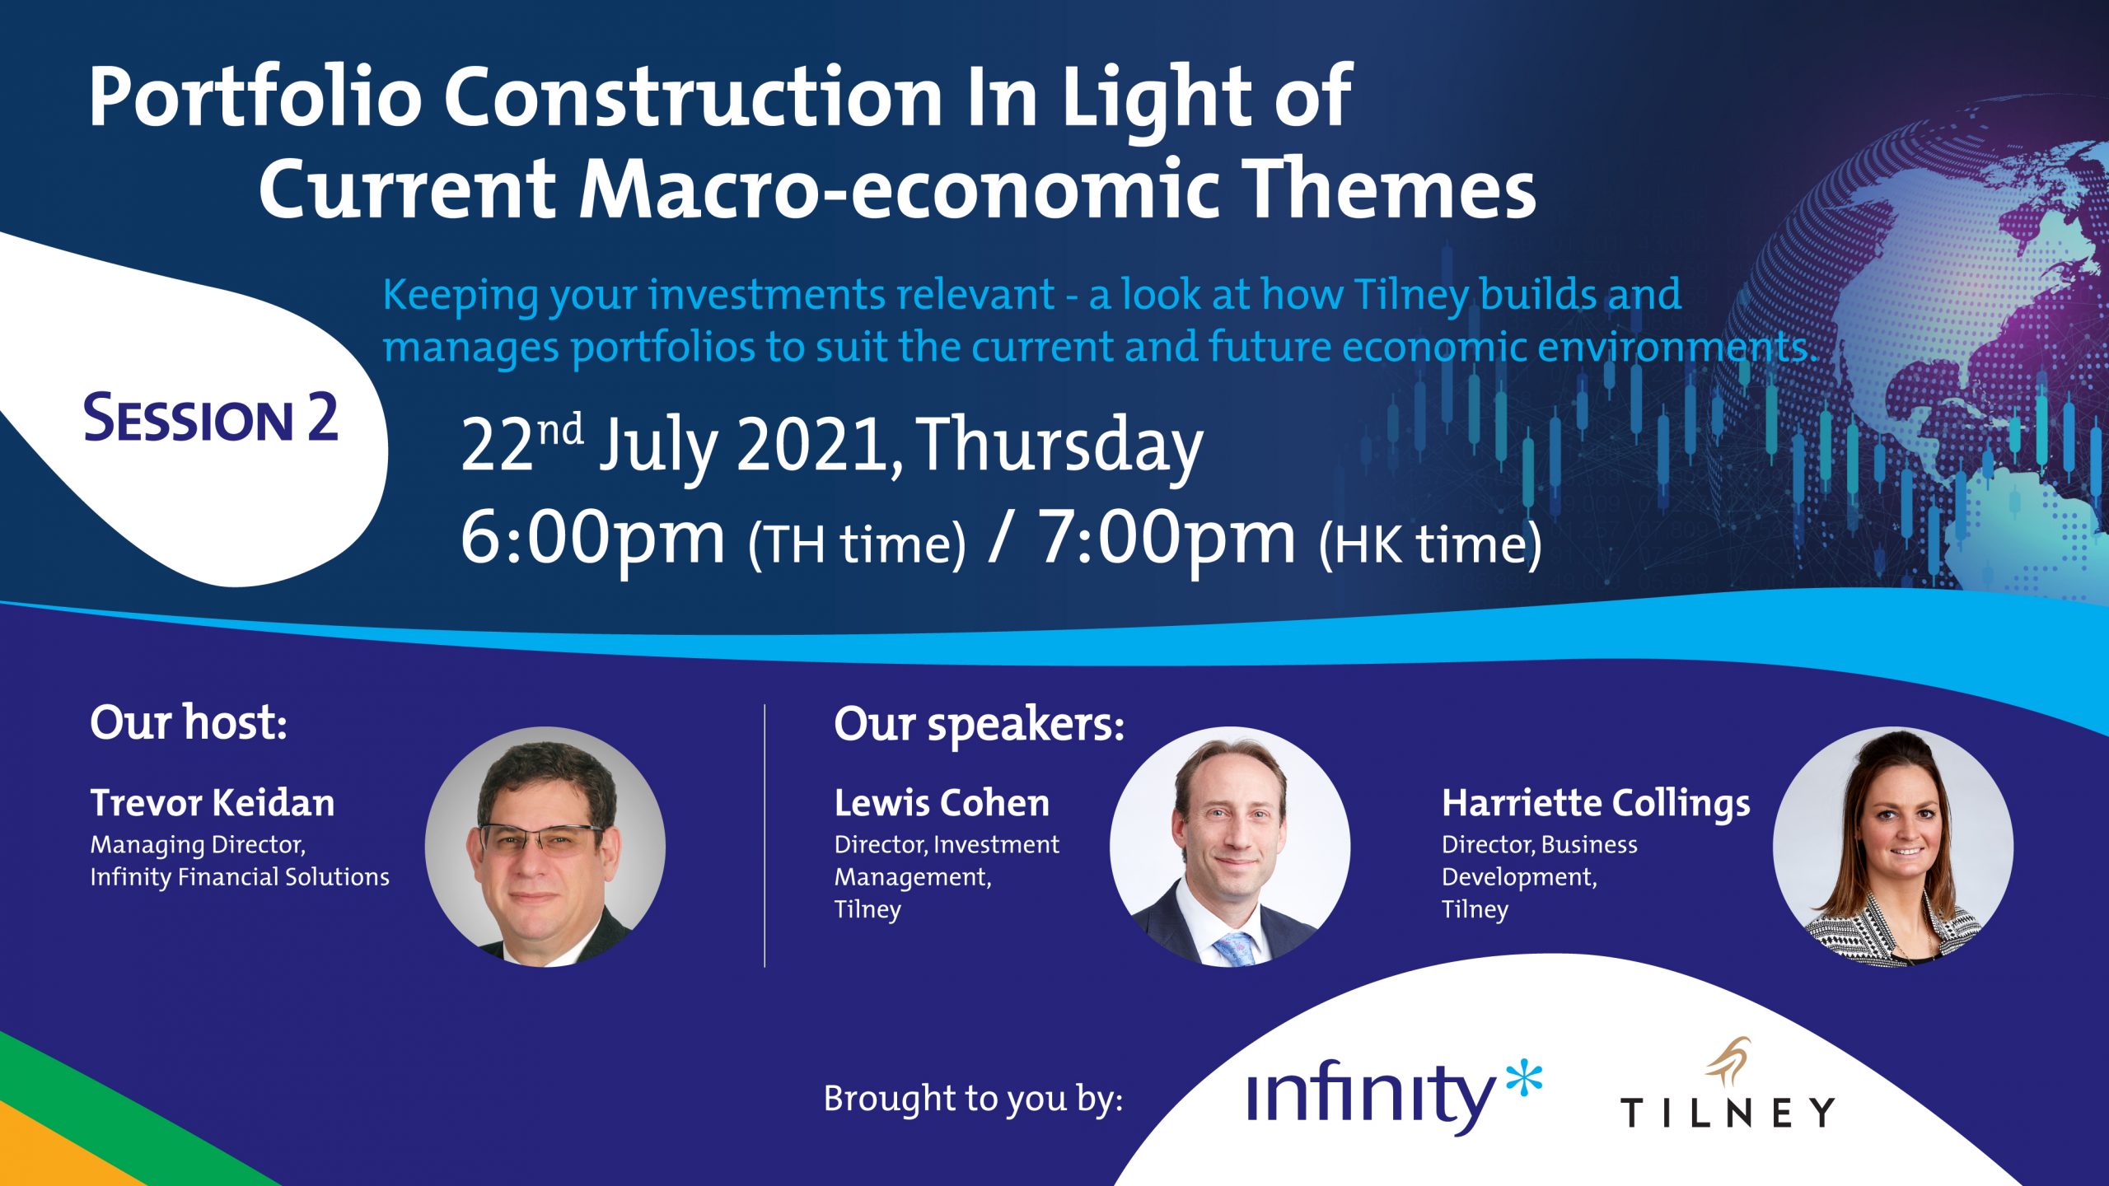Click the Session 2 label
click(211, 418)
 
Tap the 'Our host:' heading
click(189, 722)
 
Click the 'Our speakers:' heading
click(979, 726)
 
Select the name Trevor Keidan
click(213, 803)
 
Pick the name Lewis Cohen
click(942, 803)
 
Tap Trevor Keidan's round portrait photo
click(545, 847)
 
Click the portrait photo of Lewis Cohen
click(1230, 847)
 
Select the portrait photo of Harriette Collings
click(1893, 847)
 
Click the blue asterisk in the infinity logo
click(1523, 1078)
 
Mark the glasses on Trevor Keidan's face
click(540, 839)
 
